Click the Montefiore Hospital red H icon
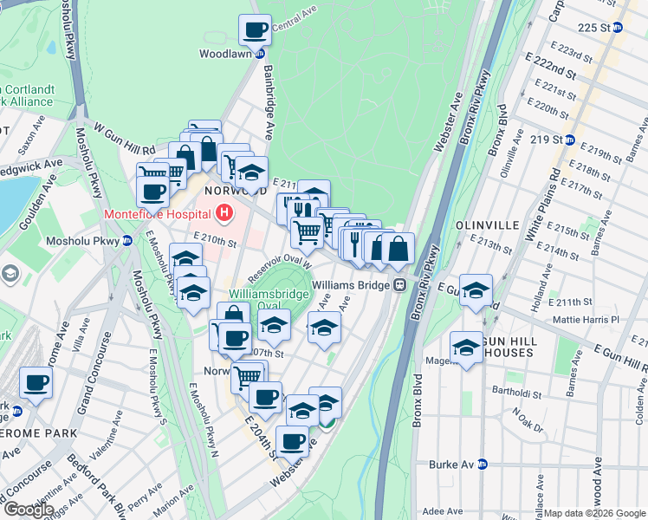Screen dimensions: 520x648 [224, 211]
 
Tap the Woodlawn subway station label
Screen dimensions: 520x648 [225, 54]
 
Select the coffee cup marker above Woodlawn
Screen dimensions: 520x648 [255, 30]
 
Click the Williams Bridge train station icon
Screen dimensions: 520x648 [399, 284]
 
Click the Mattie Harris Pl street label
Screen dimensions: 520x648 [593, 320]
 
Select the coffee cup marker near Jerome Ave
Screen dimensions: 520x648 [36, 382]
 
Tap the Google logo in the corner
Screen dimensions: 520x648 [29, 510]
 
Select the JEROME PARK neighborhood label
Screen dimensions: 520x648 [39, 432]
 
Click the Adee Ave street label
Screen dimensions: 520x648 [444, 512]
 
